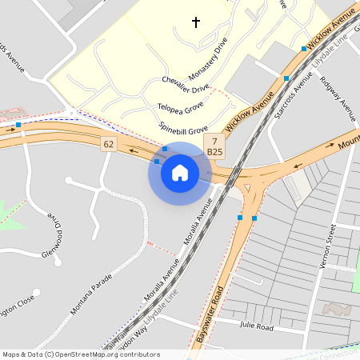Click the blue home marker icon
point(180,173)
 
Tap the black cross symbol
point(197,22)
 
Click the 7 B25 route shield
point(214,146)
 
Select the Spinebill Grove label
point(182,128)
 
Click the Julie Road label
point(256,327)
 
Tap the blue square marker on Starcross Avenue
point(286,78)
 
